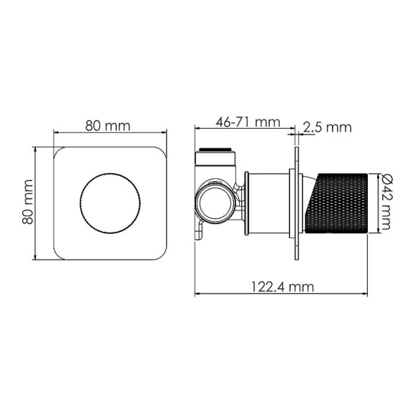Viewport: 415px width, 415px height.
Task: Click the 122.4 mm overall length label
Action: pyautogui.click(x=282, y=286)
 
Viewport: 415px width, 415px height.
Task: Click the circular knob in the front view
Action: pyautogui.click(x=110, y=203)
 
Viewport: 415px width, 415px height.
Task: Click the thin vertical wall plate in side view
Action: pyautogui.click(x=295, y=203)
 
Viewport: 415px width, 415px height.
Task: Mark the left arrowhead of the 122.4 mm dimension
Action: pyautogui.click(x=198, y=293)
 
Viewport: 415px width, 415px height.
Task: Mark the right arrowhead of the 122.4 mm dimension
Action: pyautogui.click(x=368, y=293)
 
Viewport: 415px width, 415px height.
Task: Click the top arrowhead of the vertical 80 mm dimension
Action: pyautogui.click(x=36, y=150)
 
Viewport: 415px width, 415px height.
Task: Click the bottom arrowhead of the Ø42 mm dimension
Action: pyautogui.click(x=378, y=230)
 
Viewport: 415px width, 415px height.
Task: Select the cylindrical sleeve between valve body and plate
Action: pyautogui.click(x=269, y=203)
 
